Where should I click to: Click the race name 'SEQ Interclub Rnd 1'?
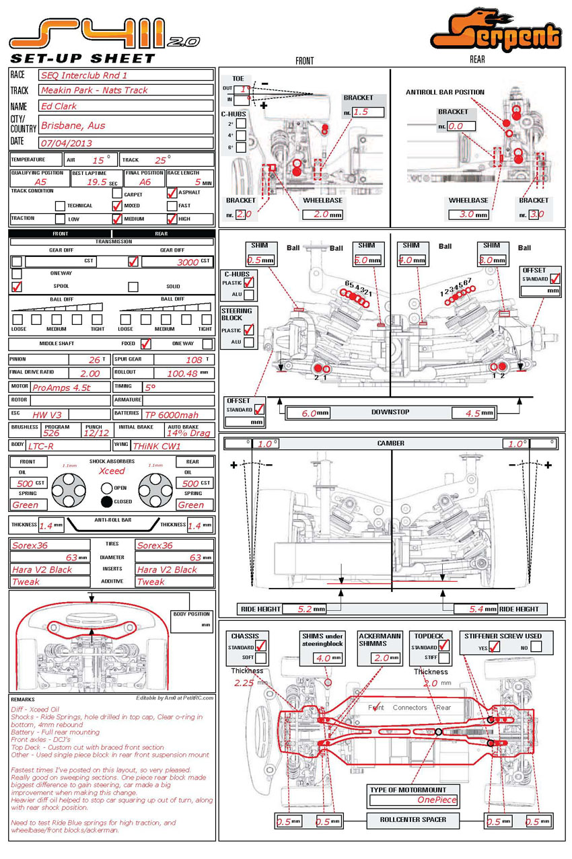point(83,75)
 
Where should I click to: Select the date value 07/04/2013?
point(67,143)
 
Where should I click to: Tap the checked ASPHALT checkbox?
point(172,192)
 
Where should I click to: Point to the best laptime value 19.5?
point(97,182)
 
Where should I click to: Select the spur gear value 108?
point(194,360)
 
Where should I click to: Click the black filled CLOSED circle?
point(106,501)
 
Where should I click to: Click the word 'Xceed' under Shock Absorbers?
point(112,472)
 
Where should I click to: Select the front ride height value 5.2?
point(305,609)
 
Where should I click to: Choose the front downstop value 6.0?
point(309,413)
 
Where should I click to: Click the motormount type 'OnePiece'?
point(437,800)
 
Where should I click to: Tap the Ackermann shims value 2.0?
point(382,658)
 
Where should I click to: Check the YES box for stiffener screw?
point(495,646)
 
